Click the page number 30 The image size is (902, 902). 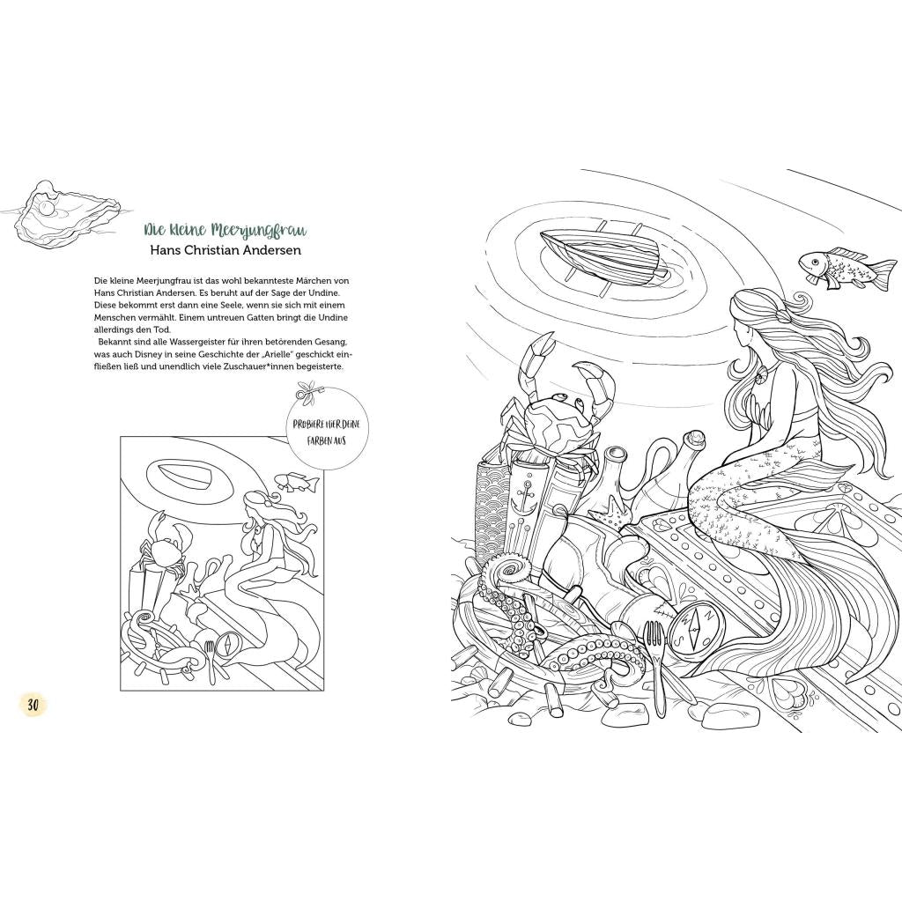pos(33,705)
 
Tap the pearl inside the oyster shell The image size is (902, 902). pos(51,204)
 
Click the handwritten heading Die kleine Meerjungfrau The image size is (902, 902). pos(225,231)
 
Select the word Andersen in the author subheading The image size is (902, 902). pos(274,250)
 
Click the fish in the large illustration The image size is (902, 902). pos(833,266)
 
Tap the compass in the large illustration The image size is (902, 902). pos(693,628)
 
